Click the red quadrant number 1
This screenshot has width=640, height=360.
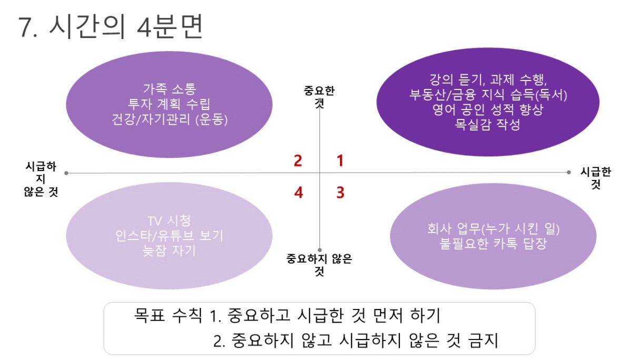(x=340, y=161)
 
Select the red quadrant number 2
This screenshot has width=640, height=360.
(x=298, y=161)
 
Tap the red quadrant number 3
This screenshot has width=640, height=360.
(x=341, y=193)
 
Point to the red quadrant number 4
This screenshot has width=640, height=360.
(x=298, y=193)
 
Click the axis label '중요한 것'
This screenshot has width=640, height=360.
(x=319, y=97)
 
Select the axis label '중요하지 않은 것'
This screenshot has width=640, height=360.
(x=319, y=265)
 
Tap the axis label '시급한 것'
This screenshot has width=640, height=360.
(x=596, y=178)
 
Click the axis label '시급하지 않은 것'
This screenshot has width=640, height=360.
(x=41, y=179)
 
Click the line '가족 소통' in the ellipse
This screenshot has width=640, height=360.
(x=169, y=89)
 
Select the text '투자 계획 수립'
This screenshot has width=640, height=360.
(x=169, y=104)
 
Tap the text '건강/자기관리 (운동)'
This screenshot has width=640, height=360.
(x=169, y=119)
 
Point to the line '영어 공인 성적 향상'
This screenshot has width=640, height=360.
(x=488, y=109)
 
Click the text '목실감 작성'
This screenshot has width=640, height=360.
(x=487, y=125)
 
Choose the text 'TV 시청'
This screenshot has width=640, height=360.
(x=169, y=221)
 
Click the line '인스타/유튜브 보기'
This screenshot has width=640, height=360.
(x=169, y=236)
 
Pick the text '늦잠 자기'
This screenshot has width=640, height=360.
(x=169, y=251)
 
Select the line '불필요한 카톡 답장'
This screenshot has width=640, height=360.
(x=493, y=244)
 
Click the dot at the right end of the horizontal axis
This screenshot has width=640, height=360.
(x=568, y=172)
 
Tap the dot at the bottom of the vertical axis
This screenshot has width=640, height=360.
(x=319, y=250)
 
